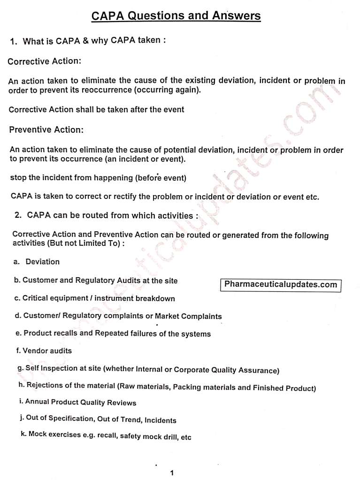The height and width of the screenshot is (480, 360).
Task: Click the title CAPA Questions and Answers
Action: [176, 16]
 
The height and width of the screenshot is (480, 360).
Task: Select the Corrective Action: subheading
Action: [45, 61]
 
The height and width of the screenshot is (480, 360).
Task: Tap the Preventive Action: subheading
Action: [46, 130]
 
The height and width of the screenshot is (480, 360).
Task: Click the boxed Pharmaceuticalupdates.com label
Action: [281, 285]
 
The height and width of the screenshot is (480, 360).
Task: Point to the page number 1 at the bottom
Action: [172, 472]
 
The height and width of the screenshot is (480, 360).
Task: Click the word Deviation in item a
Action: [42, 261]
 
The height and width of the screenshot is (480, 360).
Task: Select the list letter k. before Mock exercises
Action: [23, 434]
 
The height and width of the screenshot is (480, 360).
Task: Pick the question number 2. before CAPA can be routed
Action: [19, 216]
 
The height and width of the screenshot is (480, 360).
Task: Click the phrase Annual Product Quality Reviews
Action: [81, 403]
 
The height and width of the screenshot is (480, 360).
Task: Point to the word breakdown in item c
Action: [155, 298]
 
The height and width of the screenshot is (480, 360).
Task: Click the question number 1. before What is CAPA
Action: [14, 42]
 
